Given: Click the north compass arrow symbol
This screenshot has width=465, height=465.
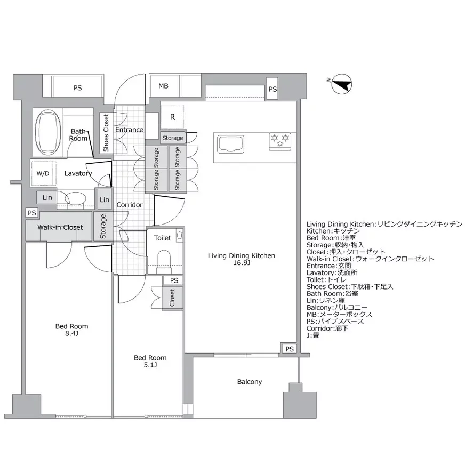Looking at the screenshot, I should [342, 84].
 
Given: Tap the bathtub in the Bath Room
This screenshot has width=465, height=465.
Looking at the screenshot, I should [48, 131].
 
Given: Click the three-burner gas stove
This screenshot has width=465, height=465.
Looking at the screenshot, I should [280, 140].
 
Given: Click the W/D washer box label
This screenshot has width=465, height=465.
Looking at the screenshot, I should [44, 173].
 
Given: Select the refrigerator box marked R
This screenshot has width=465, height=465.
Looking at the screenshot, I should [173, 117].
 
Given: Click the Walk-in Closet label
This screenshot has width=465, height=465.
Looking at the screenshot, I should [60, 227].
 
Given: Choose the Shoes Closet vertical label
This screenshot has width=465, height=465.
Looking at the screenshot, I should [106, 133].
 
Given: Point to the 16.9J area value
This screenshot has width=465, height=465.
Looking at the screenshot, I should [242, 263].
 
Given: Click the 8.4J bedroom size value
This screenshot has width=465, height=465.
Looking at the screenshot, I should [71, 333].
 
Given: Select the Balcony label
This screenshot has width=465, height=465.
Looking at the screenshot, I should [250, 382].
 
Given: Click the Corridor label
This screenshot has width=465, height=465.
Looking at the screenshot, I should [129, 205].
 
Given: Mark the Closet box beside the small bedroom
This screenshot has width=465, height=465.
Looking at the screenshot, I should [172, 297].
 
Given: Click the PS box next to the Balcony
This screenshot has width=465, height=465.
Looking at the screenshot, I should [289, 349].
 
